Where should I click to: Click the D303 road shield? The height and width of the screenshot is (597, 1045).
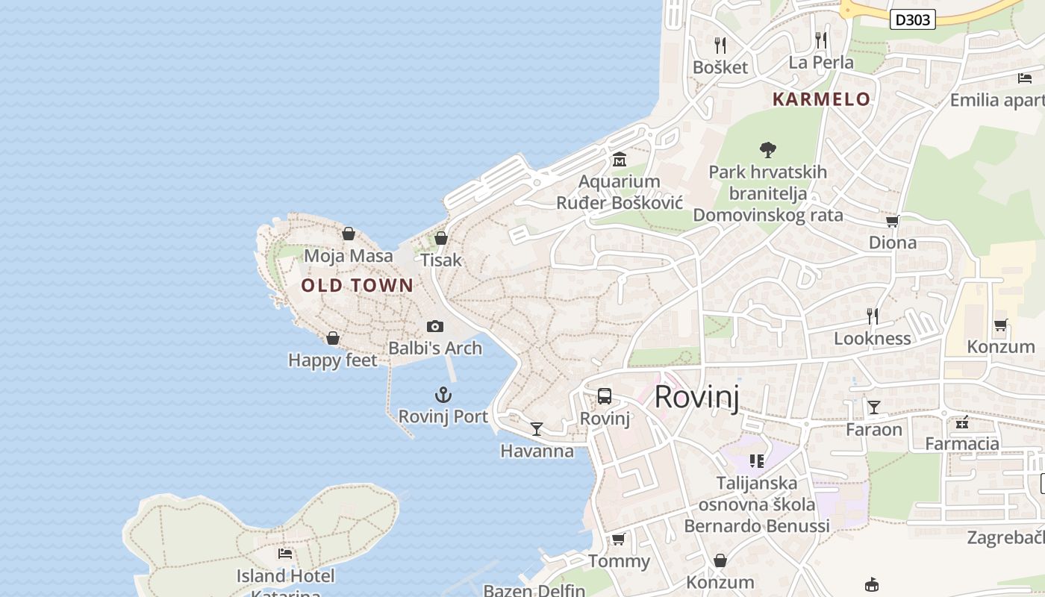tap(913, 19)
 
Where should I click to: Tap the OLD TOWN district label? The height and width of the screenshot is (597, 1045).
tap(357, 285)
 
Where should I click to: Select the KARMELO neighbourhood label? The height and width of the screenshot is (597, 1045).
tap(821, 99)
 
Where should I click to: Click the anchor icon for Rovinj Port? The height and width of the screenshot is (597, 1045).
tap(443, 394)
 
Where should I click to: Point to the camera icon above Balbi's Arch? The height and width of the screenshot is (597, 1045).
tap(435, 326)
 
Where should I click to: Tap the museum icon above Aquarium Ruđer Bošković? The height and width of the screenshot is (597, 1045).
tap(620, 159)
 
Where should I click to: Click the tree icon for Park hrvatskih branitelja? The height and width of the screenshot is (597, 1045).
tap(767, 149)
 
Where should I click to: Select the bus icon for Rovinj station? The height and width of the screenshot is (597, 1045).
tap(605, 396)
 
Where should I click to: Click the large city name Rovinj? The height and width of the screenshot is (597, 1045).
tap(696, 397)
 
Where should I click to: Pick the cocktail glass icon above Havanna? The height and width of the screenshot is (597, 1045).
tap(537, 428)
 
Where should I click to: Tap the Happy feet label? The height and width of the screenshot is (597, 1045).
tap(333, 360)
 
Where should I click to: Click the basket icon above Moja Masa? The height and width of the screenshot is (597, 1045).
tap(349, 234)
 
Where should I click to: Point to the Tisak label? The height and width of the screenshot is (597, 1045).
tap(441, 260)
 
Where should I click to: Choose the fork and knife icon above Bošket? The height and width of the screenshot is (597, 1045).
tap(720, 45)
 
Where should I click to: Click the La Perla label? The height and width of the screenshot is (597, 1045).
tap(821, 63)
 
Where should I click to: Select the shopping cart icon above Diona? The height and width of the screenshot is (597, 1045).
tap(892, 221)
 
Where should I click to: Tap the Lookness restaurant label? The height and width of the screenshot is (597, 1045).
tap(872, 339)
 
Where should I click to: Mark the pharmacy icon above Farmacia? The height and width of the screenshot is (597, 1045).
tap(962, 422)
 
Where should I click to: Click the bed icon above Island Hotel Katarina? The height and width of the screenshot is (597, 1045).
tap(285, 553)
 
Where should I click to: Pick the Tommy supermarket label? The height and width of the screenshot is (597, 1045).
tap(619, 561)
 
